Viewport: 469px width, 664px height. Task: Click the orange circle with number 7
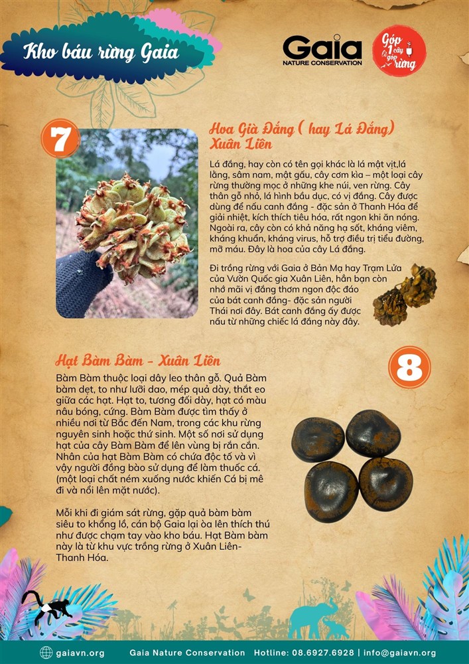click(60, 138)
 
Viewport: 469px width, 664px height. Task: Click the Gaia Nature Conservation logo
click(322, 50)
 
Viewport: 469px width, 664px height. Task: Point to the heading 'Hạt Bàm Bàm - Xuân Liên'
click(138, 361)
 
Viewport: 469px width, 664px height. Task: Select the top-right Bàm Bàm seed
click(373, 433)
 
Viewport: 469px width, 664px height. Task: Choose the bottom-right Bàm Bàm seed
click(385, 483)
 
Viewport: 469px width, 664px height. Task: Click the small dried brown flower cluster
click(405, 295)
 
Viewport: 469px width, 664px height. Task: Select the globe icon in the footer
click(46, 653)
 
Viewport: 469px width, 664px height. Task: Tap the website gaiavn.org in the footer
click(80, 653)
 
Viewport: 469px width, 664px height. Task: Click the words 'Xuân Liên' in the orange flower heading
click(241, 144)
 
